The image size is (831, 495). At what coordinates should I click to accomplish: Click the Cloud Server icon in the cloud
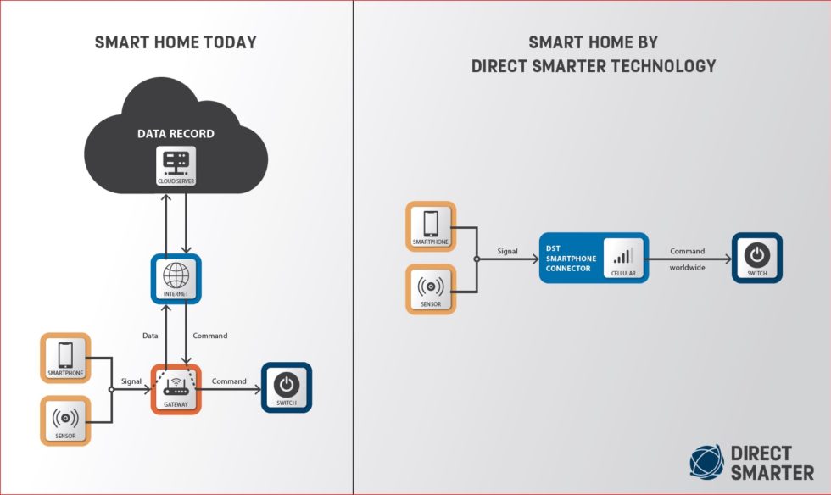point(176,166)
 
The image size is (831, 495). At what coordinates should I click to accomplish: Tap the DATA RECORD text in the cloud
point(176,134)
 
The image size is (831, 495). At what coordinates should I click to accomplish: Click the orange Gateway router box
point(176,388)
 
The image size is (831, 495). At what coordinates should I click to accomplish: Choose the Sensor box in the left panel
point(65,420)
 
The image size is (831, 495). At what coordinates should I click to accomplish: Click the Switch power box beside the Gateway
point(287,387)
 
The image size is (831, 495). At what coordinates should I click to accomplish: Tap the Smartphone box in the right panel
point(430,226)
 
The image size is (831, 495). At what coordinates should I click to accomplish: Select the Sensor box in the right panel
point(430,288)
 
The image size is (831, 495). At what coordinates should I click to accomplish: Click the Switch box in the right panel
point(756,258)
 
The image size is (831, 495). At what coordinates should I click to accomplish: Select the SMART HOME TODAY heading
point(176,43)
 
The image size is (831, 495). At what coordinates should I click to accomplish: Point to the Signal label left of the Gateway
point(131,381)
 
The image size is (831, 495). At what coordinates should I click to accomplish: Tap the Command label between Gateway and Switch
point(229,381)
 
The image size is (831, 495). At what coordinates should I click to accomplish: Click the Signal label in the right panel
point(508,251)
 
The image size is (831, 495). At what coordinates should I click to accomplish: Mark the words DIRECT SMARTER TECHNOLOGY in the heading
point(594,65)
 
